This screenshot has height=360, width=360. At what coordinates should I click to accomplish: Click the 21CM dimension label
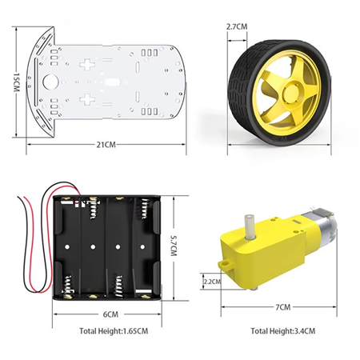106,145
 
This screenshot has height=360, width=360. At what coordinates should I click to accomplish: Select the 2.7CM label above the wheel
237,26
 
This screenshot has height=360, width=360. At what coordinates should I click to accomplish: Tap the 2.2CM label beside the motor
212,282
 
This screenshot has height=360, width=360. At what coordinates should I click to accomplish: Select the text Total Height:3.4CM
282,331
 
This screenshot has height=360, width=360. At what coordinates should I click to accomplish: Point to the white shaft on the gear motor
249,226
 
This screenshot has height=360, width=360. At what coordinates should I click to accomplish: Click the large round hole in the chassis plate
50,82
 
